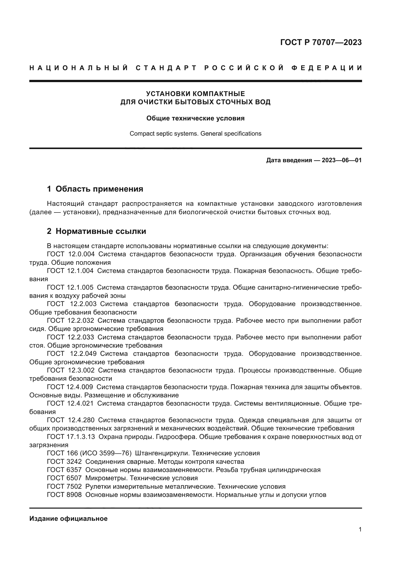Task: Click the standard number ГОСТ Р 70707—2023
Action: (321, 42)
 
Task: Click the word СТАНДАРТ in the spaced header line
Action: (166, 68)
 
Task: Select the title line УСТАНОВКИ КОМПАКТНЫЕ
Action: (195, 94)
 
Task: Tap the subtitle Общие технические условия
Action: (195, 118)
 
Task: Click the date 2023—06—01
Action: (341, 160)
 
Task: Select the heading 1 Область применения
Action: (95, 189)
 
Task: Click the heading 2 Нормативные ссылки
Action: (96, 231)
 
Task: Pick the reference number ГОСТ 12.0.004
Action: (71, 254)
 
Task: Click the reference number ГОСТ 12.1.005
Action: (70, 287)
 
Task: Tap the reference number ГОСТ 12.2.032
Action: (70, 321)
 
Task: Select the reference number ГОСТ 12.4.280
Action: (71, 420)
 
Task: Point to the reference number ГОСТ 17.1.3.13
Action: (71, 437)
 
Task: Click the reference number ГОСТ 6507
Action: (64, 478)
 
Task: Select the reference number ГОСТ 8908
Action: (64, 495)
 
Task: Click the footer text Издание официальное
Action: (68, 519)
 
